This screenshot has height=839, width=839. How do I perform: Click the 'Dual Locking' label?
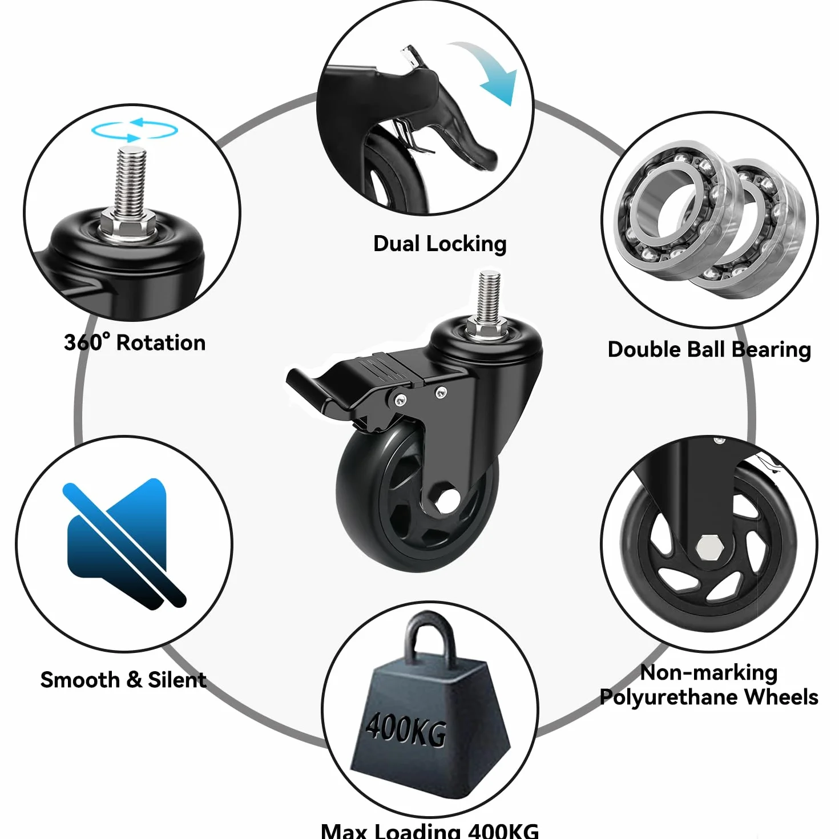[439, 244]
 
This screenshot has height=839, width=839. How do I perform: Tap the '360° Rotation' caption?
[135, 342]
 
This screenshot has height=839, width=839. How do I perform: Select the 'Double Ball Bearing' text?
[709, 350]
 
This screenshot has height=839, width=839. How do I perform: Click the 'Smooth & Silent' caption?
[123, 680]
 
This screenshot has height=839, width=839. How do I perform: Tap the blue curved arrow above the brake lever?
[487, 72]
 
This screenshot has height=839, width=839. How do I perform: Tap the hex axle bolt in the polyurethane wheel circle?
[708, 547]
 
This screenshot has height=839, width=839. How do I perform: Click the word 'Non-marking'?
[709, 673]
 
